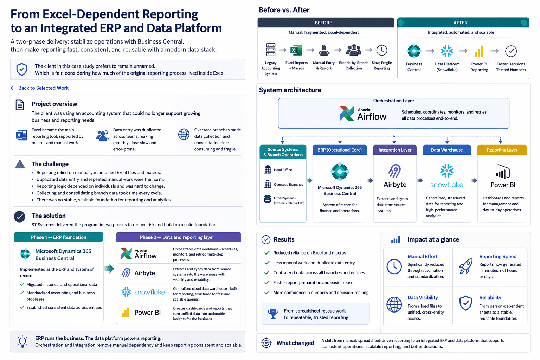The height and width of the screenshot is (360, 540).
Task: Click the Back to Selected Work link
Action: pos(39,88)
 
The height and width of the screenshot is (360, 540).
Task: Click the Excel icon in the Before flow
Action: pos(296,50)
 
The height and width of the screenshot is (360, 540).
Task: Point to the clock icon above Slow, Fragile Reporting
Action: pos(382,50)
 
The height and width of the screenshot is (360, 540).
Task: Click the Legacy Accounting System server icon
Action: pos(270,50)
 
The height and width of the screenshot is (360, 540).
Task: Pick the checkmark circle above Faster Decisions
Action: pos(511,51)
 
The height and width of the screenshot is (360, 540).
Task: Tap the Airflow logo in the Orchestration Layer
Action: pos(363,114)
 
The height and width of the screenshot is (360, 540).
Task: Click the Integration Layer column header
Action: pos(395,150)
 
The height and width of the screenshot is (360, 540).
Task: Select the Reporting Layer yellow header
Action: pos(502,150)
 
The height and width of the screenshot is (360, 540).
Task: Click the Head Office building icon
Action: pos(268,169)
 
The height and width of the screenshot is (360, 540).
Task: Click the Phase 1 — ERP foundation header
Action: pos(59,237)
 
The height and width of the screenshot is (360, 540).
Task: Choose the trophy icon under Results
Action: pos(273,314)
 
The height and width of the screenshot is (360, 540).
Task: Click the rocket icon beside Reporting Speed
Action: pos(465,266)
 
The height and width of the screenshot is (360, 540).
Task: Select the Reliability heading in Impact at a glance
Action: pos(490,297)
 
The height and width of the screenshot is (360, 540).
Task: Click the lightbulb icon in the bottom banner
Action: pos(22,341)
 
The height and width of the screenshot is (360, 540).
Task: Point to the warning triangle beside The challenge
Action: pos(20,164)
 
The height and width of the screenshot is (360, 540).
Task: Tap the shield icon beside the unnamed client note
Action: pos(22,70)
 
